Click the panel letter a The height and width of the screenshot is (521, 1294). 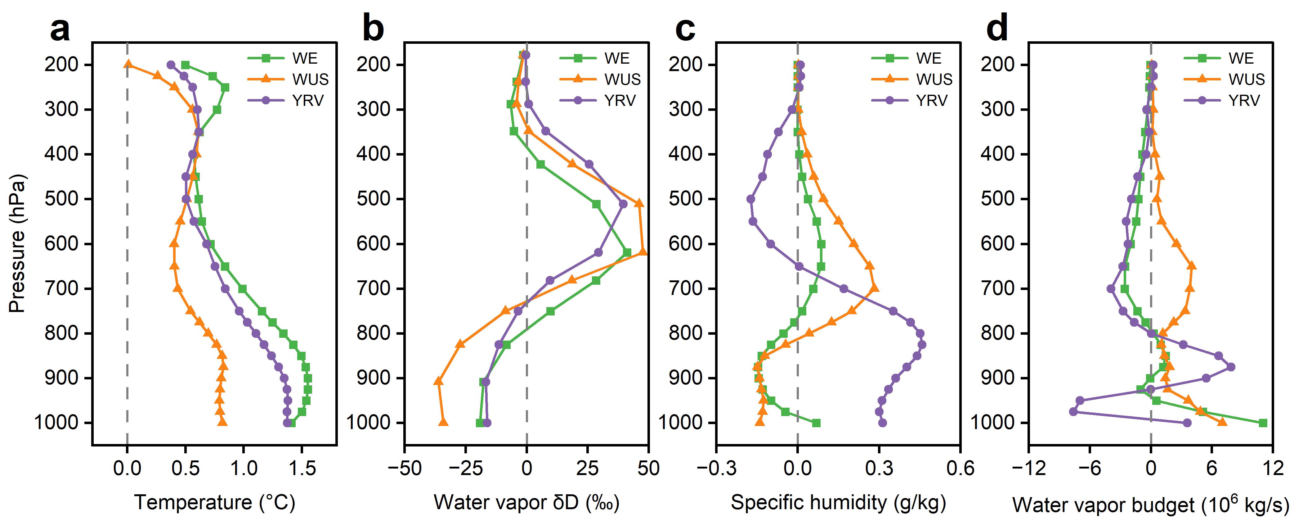point(60,30)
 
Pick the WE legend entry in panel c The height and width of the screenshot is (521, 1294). point(928,58)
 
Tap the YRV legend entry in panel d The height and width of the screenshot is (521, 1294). point(1244,101)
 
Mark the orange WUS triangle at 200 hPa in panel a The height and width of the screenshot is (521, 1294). point(128,64)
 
